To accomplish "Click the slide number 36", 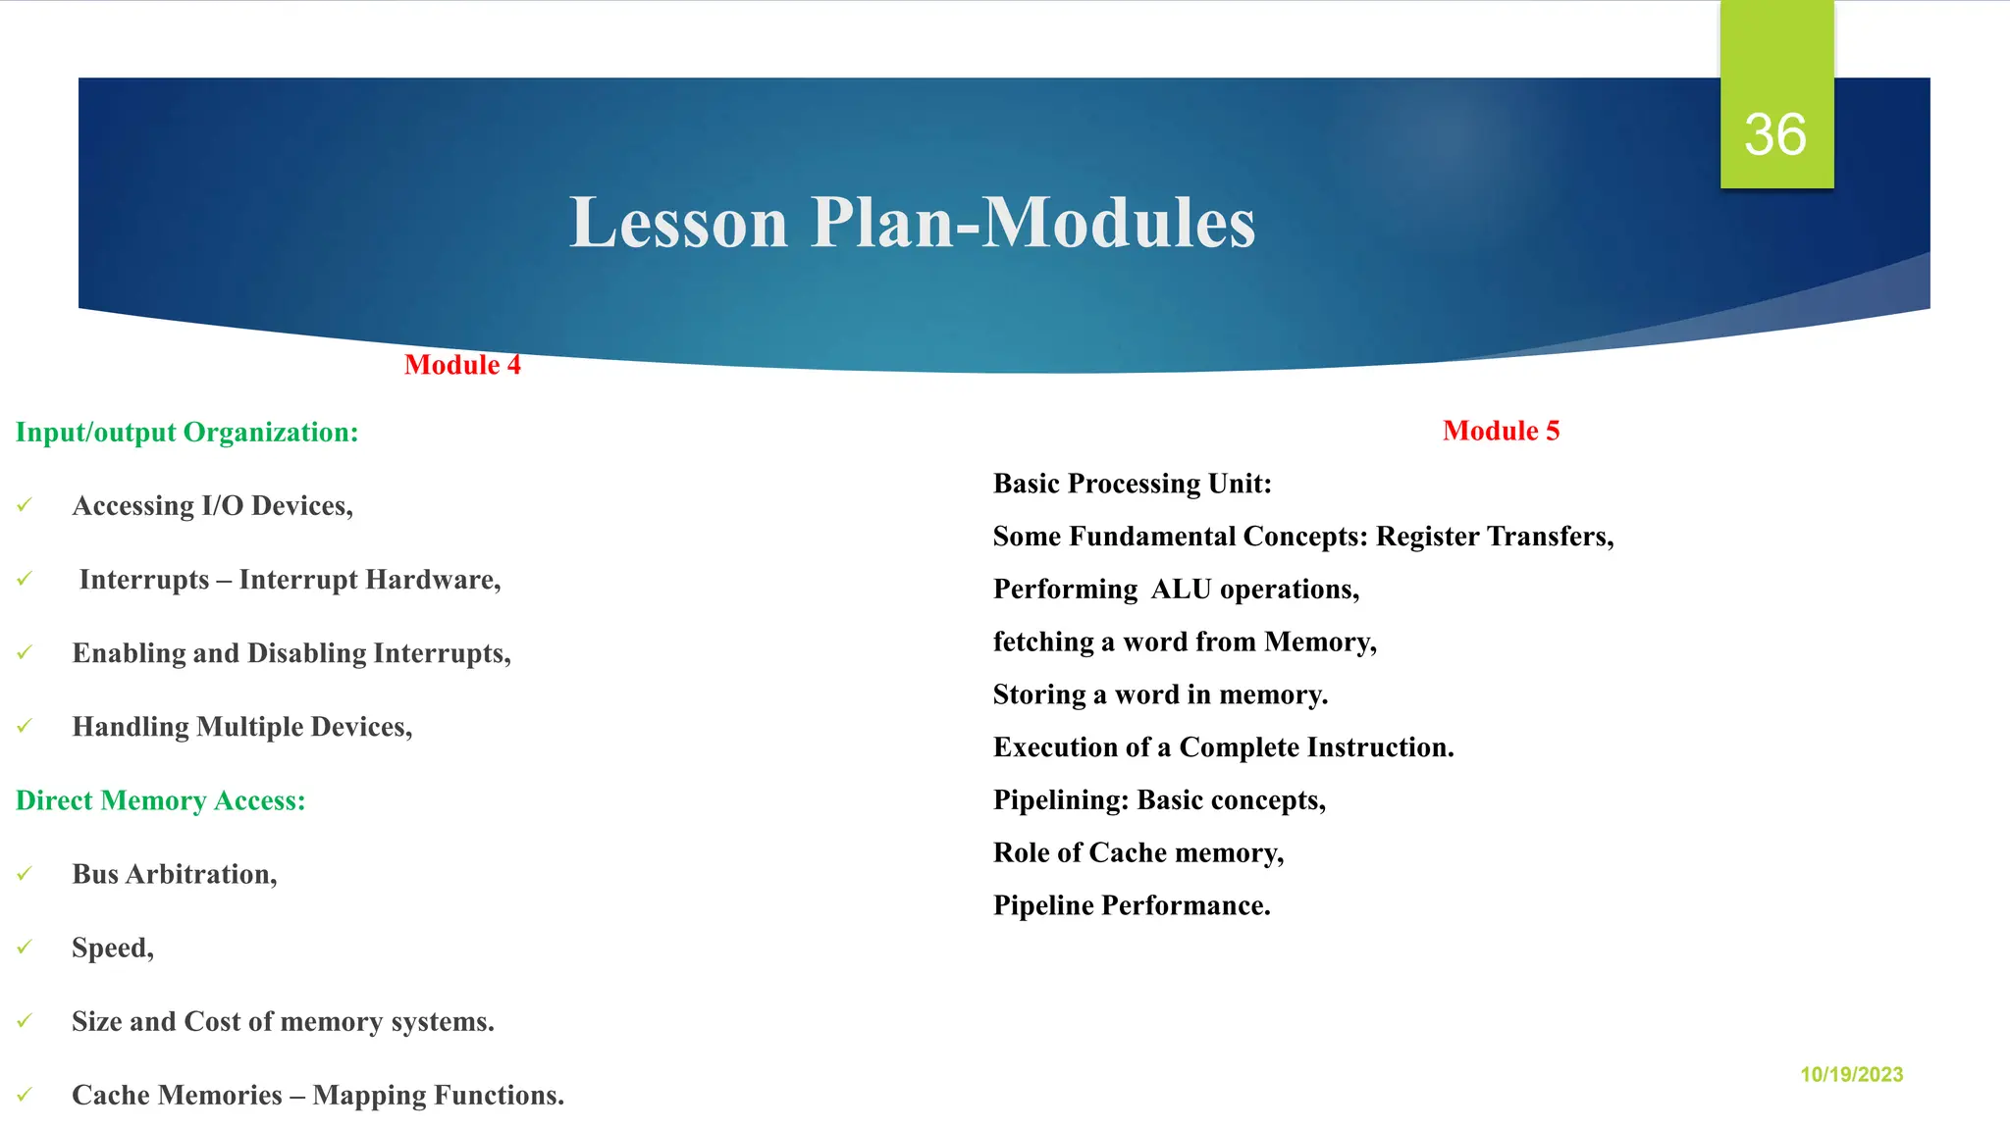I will (1774, 134).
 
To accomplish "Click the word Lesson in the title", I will (679, 223).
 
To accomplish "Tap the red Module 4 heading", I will (462, 365).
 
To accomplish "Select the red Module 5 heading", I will (1501, 431).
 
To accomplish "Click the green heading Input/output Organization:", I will (186, 433).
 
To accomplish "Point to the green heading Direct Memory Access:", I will (160, 800).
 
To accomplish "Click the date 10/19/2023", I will (1851, 1074).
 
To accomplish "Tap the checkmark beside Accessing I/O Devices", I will (25, 505).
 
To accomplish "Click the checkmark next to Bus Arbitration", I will (25, 873).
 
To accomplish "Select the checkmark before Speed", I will (25, 947).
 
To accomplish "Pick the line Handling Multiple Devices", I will (241, 727).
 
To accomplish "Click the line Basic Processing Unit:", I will (1132, 484).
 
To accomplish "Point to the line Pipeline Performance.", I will (1131, 905).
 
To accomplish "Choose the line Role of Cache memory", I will (1137, 852).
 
